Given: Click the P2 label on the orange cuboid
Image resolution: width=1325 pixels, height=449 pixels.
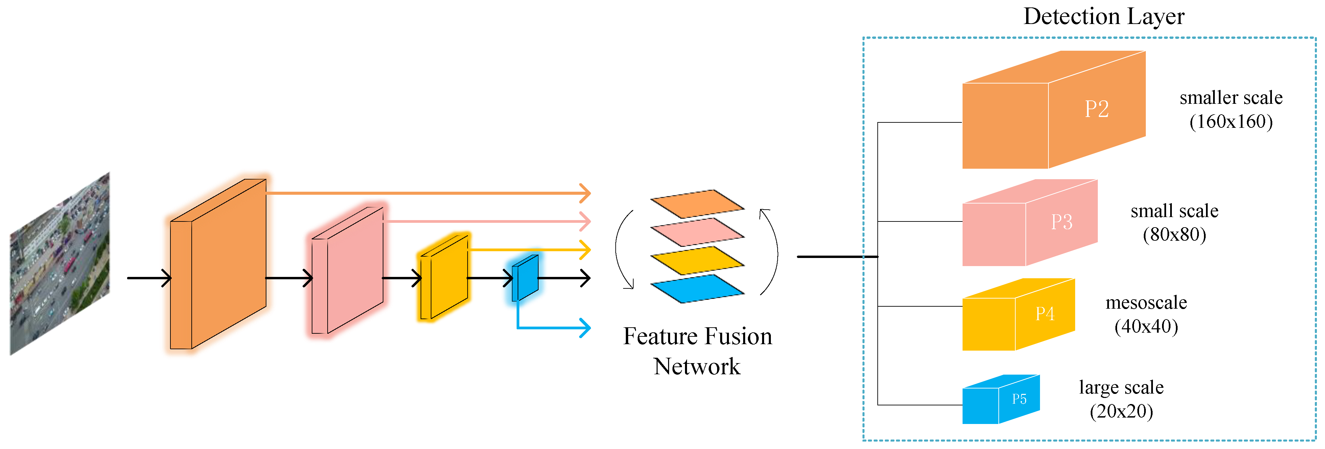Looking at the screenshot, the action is [x=1097, y=109].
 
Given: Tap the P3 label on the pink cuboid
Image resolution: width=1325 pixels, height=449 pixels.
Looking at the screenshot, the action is [x=1062, y=222].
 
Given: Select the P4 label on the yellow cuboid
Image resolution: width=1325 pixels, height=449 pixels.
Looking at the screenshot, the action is [x=1045, y=313].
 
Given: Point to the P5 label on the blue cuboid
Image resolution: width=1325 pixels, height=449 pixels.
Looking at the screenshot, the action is [x=1019, y=399].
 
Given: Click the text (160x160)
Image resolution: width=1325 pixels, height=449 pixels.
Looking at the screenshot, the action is [x=1231, y=121].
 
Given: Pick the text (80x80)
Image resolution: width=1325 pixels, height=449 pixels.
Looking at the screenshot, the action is [x=1174, y=235].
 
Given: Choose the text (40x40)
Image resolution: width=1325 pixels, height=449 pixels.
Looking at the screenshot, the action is [x=1146, y=326].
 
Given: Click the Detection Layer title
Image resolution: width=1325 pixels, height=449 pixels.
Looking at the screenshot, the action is [x=1104, y=17].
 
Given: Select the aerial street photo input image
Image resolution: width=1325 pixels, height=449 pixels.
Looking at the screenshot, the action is [x=60, y=264].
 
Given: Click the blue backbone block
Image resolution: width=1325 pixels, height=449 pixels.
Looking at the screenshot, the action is [x=525, y=278].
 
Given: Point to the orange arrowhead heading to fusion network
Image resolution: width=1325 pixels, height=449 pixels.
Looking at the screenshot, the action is [x=585, y=193].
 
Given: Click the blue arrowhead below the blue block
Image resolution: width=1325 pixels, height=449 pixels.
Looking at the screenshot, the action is [x=585, y=328].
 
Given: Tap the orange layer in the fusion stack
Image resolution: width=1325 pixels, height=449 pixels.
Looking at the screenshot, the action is [x=697, y=204].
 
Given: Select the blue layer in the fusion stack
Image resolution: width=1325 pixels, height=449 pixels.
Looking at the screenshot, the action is [x=697, y=288].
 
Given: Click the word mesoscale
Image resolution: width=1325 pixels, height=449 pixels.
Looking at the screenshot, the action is [x=1146, y=302].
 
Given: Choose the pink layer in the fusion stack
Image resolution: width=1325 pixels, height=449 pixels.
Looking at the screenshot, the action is [x=697, y=232].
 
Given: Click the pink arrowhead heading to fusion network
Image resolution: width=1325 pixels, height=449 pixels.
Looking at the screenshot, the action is [x=585, y=221].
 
